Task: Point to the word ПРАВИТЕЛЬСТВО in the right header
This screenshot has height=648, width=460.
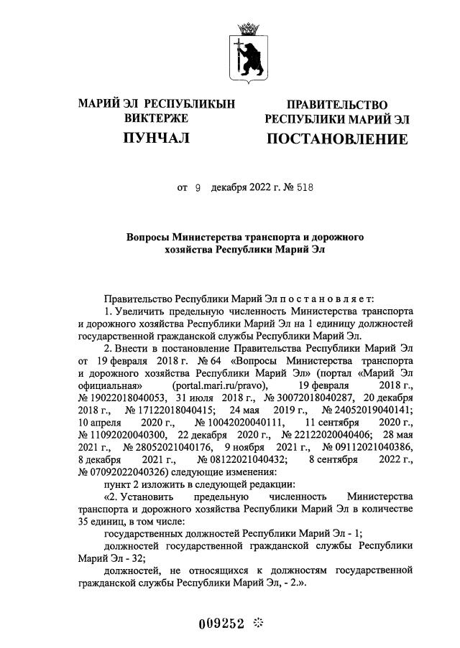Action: click(337, 105)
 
